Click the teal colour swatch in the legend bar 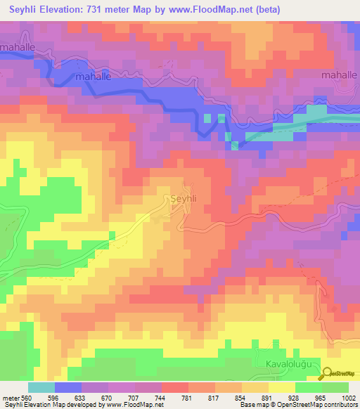pos(41,387)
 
